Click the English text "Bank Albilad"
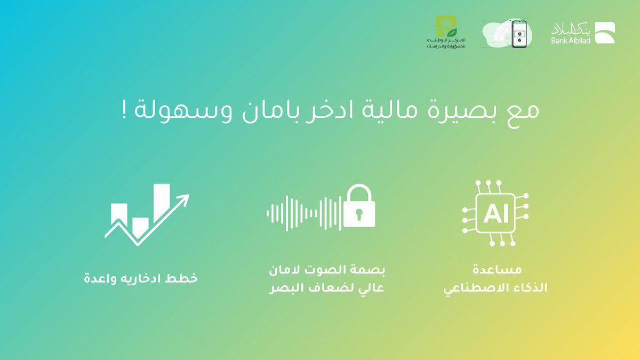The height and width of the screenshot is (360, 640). pyautogui.click(x=571, y=40)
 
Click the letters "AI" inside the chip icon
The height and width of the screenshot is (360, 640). pyautogui.click(x=496, y=215)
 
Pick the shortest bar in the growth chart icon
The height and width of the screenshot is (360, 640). pyautogui.click(x=140, y=226)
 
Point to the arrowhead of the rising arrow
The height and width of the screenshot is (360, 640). pyautogui.click(x=183, y=201)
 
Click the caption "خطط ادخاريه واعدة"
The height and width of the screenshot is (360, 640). pyautogui.click(x=141, y=278)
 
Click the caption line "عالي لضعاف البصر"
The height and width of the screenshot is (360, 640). pyautogui.click(x=327, y=289)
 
